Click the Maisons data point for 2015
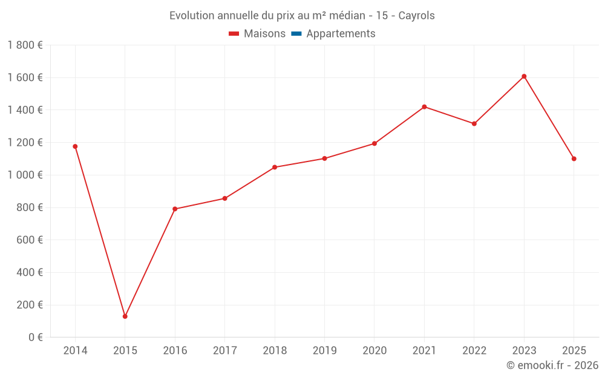pos(125,316)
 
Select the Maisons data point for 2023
pos(524,76)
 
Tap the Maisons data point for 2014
pos(75,146)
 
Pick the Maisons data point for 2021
pos(424,107)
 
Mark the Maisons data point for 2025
pos(574,159)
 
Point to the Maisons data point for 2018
pos(275,168)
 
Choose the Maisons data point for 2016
pos(175,209)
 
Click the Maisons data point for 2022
pos(474,124)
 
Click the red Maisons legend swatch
pos(234,34)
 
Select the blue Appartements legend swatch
pos(296,34)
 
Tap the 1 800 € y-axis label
pos(25,45)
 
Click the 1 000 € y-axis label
pos(25,175)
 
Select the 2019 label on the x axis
pos(324,351)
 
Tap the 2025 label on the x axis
pos(574,351)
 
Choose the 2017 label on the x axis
pos(224,351)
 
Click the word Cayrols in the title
pos(416,16)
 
